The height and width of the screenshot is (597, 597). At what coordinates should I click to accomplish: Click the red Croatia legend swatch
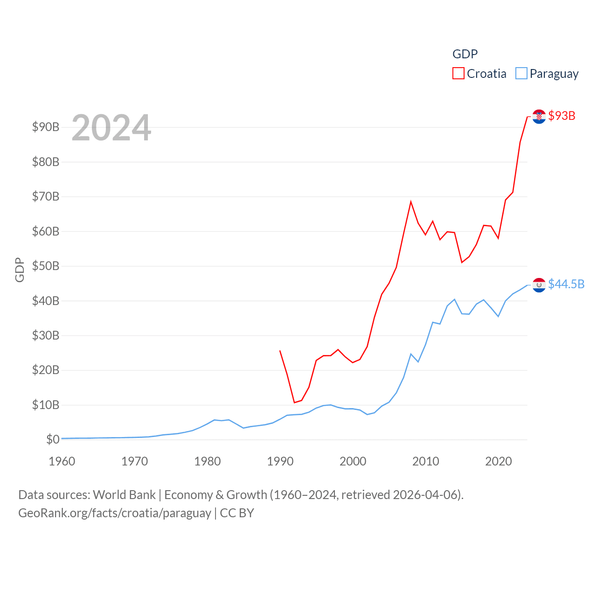(458, 74)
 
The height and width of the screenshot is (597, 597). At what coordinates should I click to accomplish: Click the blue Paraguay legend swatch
(521, 74)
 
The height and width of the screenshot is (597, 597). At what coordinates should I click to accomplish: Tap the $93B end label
(562, 116)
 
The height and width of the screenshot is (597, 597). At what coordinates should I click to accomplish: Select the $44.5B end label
(566, 284)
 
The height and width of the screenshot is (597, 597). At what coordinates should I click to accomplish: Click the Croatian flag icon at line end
(539, 117)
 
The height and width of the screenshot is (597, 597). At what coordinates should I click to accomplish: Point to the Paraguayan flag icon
(539, 285)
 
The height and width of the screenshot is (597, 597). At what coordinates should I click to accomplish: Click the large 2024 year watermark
(111, 127)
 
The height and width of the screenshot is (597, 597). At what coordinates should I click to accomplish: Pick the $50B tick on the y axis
(46, 266)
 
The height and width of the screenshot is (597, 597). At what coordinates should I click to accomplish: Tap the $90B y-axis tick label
(46, 127)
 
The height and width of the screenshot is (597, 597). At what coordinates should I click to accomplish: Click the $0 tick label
(53, 439)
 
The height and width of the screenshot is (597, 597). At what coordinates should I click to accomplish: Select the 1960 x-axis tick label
(62, 461)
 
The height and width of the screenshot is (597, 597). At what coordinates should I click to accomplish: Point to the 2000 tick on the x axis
(353, 461)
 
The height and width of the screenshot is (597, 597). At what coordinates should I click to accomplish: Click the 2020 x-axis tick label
(499, 461)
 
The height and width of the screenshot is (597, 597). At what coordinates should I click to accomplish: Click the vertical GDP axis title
(20, 270)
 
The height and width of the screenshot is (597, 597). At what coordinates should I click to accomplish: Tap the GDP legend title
(465, 54)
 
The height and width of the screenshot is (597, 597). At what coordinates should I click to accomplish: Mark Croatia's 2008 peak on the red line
(411, 202)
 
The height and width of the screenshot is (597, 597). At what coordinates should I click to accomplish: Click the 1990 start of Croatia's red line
(280, 351)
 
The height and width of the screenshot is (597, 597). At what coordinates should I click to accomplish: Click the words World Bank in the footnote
(124, 494)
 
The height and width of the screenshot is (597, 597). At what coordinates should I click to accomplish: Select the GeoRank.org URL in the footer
(115, 513)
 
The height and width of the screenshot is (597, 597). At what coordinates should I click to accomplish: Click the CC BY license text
(237, 513)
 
